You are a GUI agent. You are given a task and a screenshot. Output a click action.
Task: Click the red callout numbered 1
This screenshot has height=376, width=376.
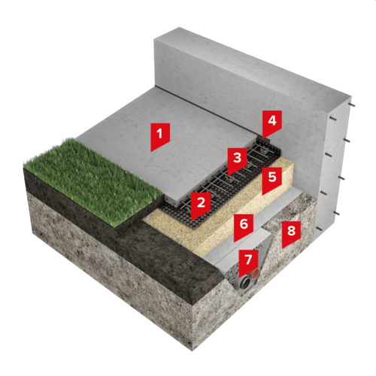pos(160,135)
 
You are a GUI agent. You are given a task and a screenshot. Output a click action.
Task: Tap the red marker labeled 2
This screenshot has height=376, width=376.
pos(201,205)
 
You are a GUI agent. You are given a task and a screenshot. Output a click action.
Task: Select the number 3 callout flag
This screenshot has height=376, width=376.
pos(237,160)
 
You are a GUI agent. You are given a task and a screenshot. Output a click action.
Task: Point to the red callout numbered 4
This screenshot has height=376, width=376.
pos(272,123)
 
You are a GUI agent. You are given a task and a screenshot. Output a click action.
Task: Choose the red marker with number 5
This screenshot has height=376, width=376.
pos(272,180)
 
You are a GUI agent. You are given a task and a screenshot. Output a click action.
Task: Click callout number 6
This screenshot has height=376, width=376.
pos(244,226)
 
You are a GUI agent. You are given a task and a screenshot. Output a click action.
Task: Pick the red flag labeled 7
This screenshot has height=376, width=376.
pos(248,262)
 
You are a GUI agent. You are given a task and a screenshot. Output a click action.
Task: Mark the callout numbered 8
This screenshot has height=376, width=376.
pos(291,233)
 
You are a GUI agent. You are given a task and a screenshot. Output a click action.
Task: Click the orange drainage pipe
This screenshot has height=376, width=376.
pos(256,272)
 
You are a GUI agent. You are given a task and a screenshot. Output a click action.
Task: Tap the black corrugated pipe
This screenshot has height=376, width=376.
pos(245,284)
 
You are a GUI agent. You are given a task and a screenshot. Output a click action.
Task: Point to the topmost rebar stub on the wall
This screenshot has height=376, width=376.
pos(352,105)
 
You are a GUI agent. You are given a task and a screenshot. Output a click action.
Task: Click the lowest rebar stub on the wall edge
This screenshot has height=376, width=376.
pos(319,229)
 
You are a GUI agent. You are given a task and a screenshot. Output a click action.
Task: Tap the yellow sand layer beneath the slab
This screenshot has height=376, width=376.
pos(220,220)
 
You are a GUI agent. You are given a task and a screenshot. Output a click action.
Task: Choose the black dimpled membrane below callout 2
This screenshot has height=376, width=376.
pos(186,211)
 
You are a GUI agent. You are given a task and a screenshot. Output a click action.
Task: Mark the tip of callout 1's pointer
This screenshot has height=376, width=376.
pos(150,152)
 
